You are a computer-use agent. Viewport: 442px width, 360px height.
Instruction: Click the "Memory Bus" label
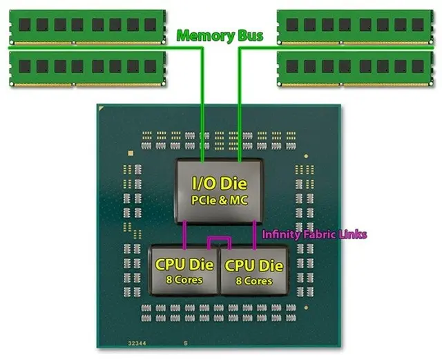[220, 35]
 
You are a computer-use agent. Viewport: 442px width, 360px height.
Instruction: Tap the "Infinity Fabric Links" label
[315, 234]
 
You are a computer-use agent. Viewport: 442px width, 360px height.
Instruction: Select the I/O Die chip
[220, 191]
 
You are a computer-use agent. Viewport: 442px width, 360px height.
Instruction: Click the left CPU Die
[184, 269]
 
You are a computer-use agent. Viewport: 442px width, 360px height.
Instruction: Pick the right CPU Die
[254, 270]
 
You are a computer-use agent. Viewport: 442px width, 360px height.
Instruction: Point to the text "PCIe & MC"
[220, 200]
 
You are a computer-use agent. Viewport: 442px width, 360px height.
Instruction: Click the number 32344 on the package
[137, 343]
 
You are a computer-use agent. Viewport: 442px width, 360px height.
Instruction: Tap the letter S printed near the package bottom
[186, 343]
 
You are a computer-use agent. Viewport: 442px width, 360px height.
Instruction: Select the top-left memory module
[88, 27]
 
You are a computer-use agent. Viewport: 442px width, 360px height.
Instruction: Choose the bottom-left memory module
[88, 69]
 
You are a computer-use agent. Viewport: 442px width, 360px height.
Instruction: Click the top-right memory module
[355, 27]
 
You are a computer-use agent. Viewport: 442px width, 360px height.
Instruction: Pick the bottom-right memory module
[355, 69]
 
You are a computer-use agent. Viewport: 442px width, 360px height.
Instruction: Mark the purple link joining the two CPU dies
[220, 238]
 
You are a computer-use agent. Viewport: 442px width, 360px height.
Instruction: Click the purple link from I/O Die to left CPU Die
[184, 235]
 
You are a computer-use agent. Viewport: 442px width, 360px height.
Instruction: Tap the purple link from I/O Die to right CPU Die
[254, 235]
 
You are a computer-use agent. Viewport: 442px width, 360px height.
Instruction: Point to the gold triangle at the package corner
[101, 108]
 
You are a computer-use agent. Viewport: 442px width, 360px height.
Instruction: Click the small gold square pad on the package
[131, 153]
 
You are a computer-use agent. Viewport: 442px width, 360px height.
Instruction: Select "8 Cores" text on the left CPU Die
[184, 280]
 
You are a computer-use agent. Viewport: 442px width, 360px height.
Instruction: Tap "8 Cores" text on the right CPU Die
[254, 281]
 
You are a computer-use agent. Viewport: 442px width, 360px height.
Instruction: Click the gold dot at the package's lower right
[307, 307]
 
